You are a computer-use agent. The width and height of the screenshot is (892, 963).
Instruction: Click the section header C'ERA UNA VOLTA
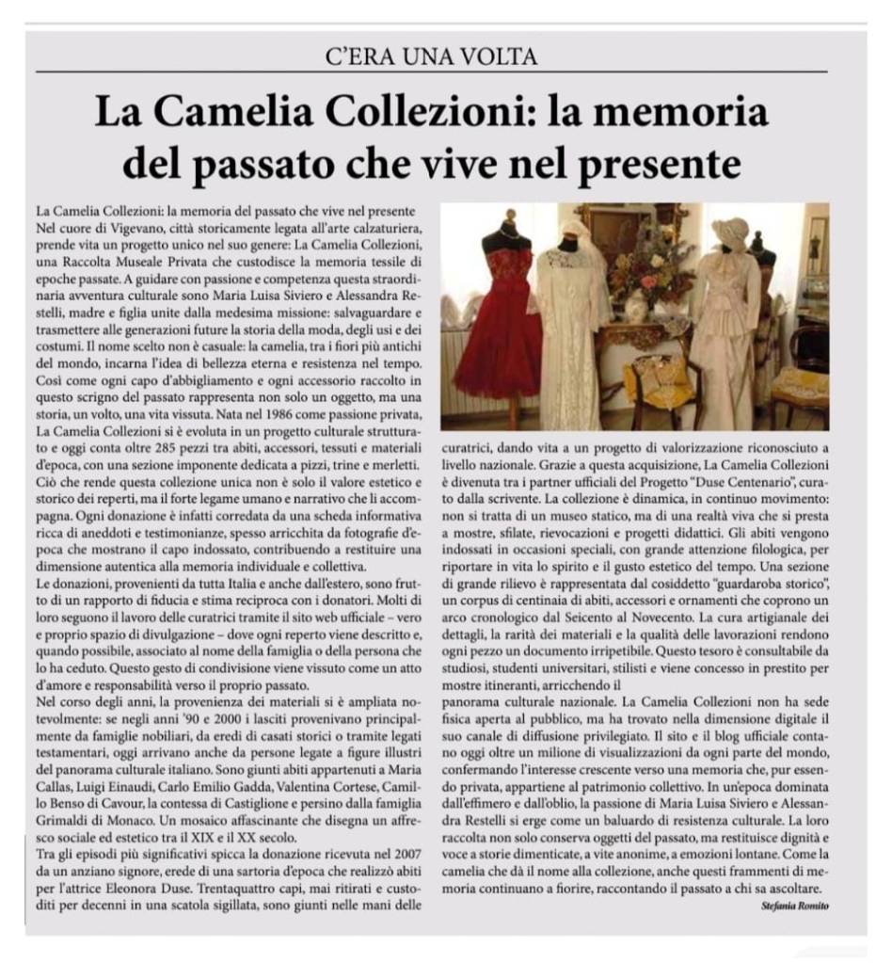point(445,56)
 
